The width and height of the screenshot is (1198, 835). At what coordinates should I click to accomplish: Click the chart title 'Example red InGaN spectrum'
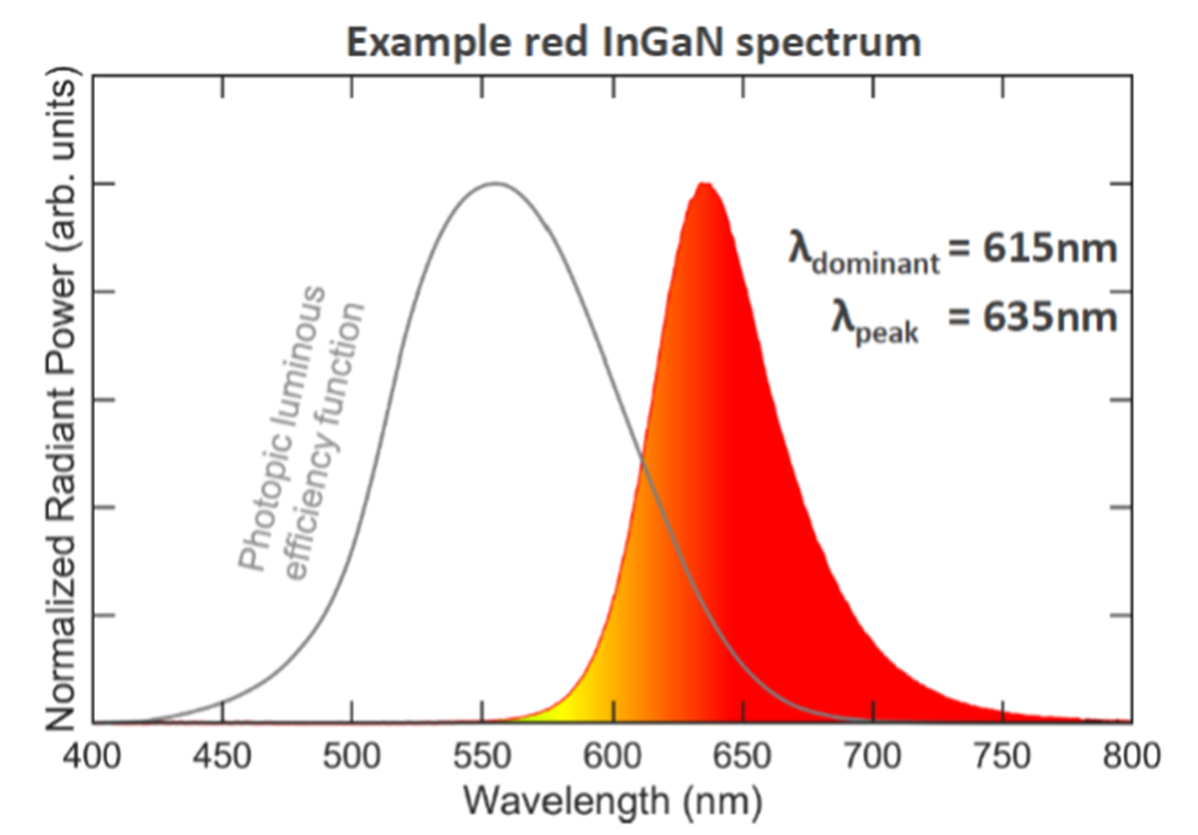[x=633, y=43]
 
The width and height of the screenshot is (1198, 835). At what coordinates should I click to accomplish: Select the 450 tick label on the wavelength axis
[x=222, y=756]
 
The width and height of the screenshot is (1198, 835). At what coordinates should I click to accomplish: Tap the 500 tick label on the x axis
[x=351, y=756]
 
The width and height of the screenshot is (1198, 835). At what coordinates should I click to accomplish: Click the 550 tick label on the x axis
[x=482, y=756]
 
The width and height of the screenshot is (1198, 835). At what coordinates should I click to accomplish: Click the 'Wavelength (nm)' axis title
[x=615, y=800]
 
